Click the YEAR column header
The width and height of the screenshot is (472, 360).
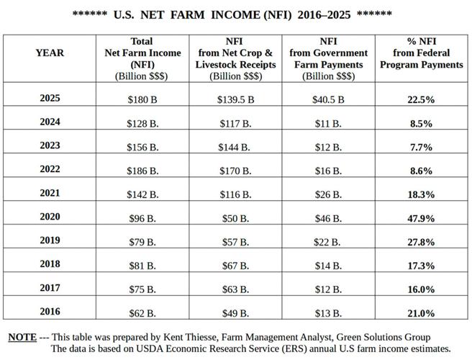click(x=50, y=53)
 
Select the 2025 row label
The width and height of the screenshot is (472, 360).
click(x=50, y=99)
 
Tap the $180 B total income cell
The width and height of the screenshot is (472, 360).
click(x=142, y=99)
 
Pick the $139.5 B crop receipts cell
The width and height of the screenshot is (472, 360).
click(x=235, y=99)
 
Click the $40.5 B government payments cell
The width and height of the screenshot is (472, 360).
click(x=329, y=99)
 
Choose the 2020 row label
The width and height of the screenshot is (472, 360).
click(x=50, y=217)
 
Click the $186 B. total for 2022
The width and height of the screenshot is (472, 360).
click(x=142, y=171)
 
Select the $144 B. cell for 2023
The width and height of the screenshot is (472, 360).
click(x=235, y=147)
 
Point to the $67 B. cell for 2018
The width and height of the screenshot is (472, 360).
click(x=235, y=265)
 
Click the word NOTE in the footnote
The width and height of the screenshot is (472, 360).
click(x=22, y=337)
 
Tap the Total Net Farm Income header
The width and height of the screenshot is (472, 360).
click(x=142, y=53)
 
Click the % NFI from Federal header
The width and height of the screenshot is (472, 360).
click(x=421, y=53)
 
